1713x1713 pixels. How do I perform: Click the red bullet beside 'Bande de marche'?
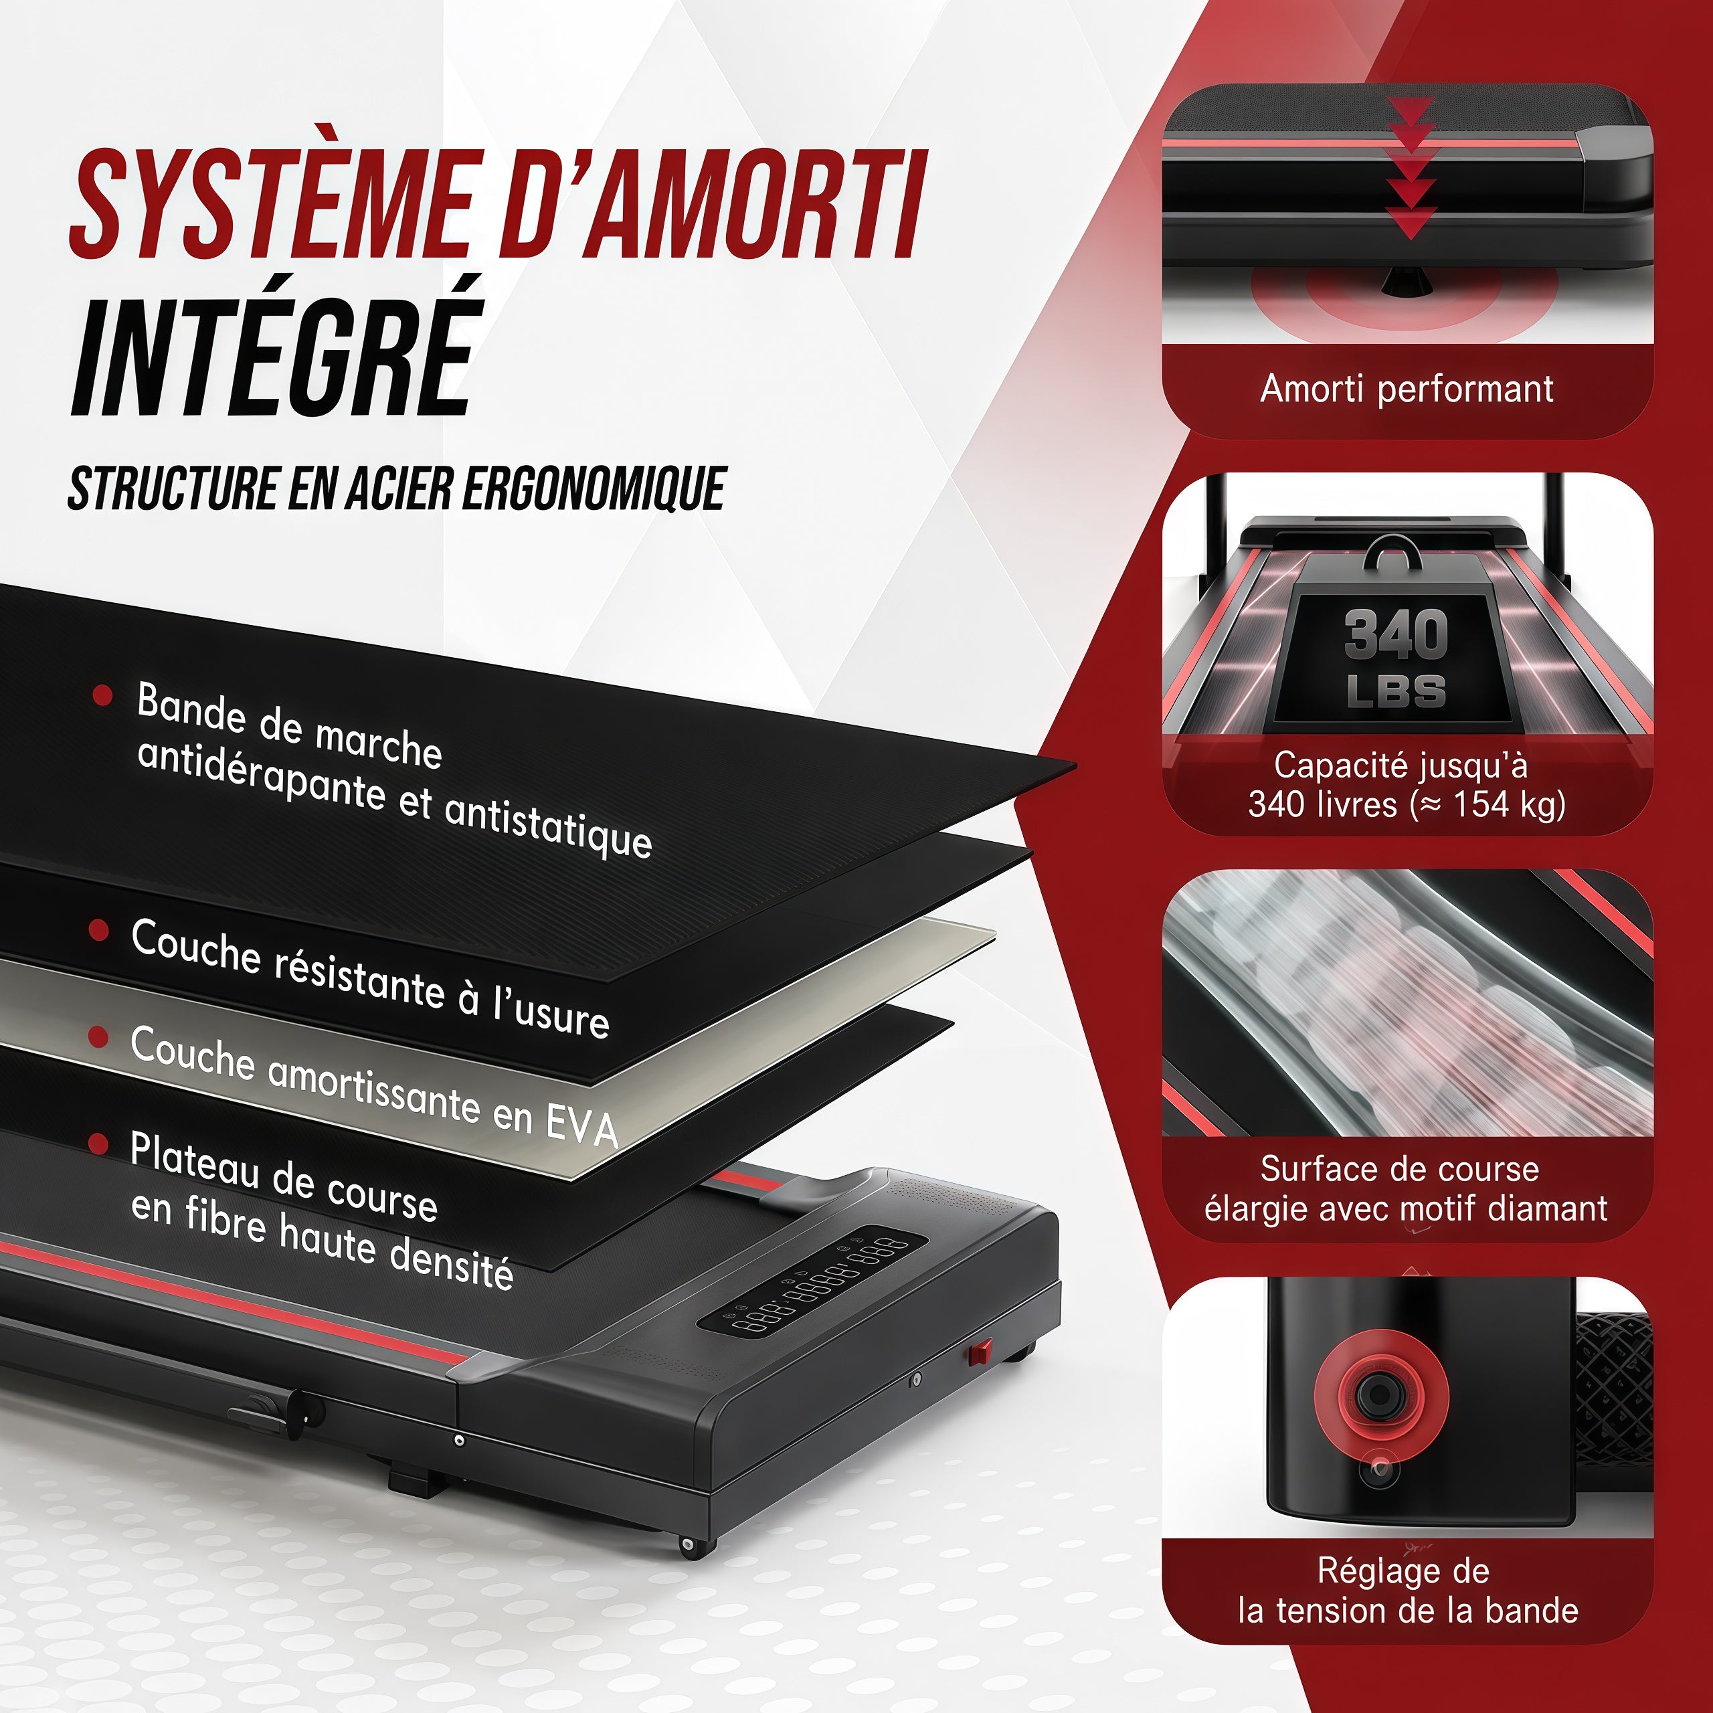click(x=103, y=695)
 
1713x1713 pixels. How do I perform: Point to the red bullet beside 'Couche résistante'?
click(x=98, y=930)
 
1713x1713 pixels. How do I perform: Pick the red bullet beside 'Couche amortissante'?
click(x=98, y=1036)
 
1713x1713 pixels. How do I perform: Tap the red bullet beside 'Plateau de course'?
click(x=98, y=1144)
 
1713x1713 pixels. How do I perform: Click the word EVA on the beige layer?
click(x=581, y=1126)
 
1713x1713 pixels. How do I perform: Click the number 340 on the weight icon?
click(x=1396, y=635)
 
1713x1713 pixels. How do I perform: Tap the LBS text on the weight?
click(x=1396, y=691)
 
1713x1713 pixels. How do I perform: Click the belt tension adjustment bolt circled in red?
click(x=1380, y=1394)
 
